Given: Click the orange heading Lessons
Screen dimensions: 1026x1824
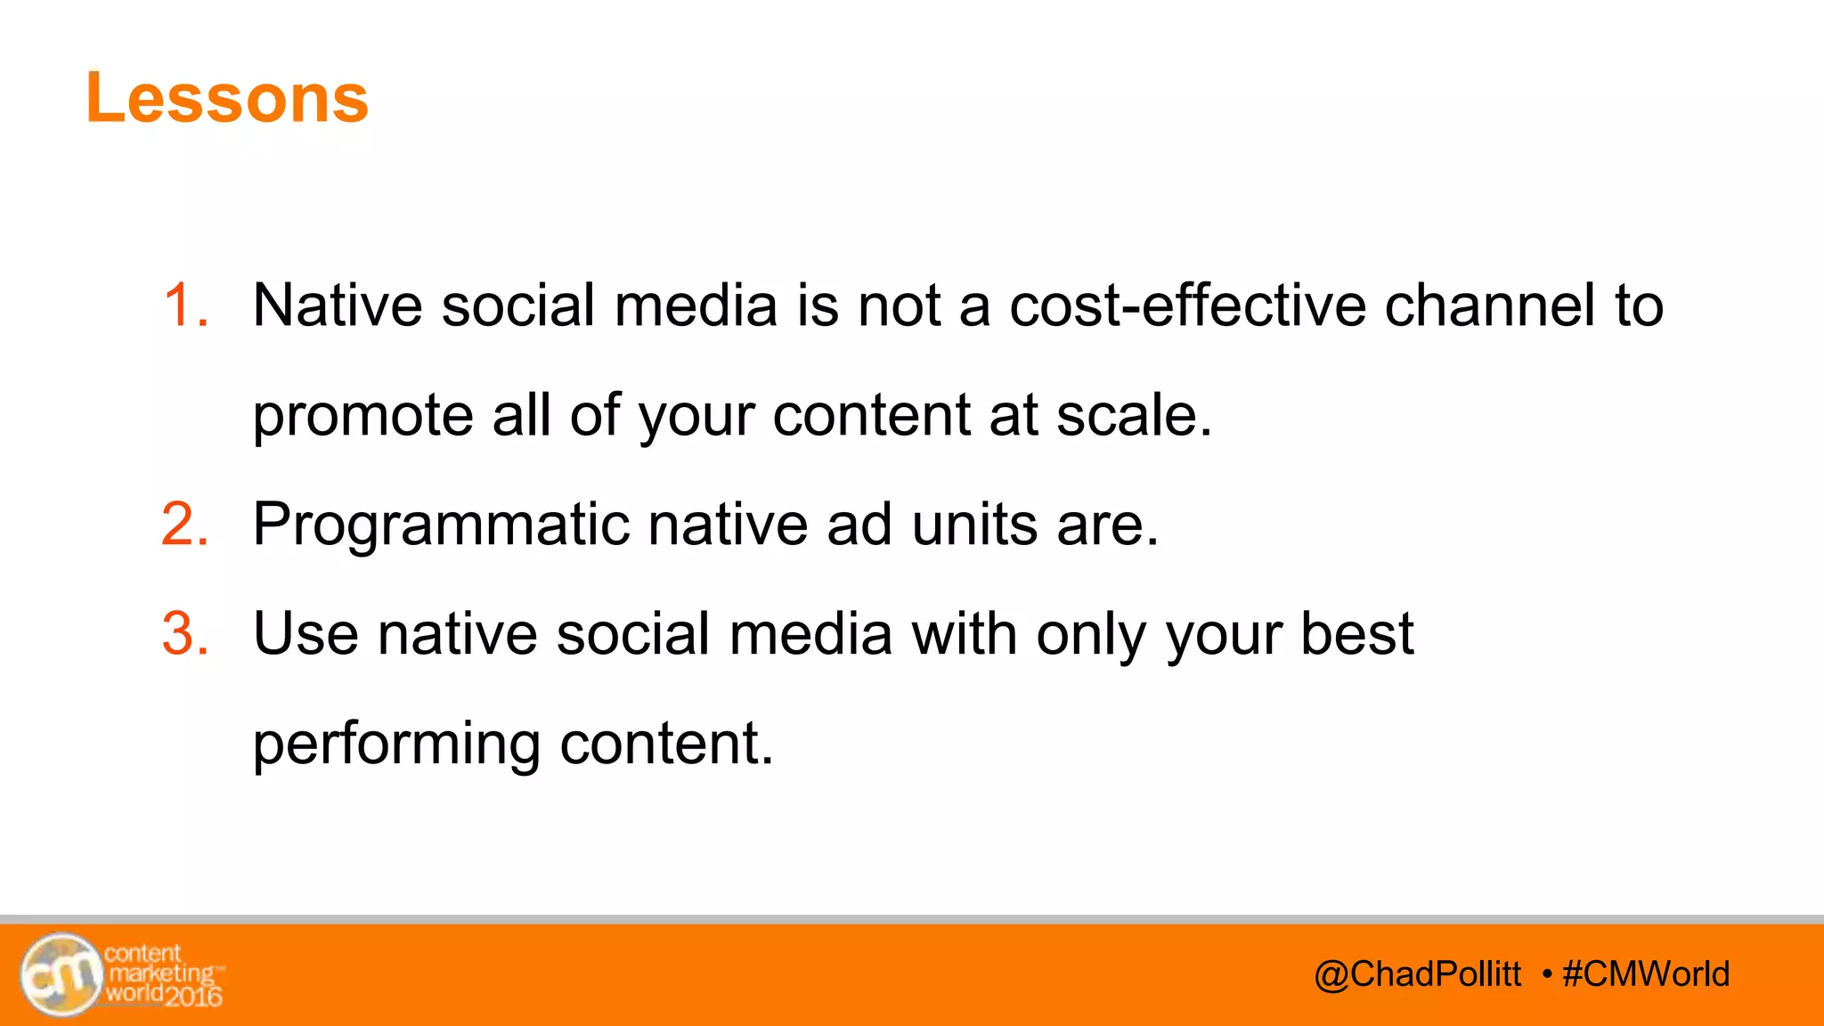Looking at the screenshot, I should [x=227, y=98].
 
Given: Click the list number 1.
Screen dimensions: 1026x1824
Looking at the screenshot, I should [x=185, y=305].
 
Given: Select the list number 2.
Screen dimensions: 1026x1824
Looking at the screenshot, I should [x=185, y=524].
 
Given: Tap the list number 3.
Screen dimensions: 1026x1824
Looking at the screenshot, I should [x=185, y=634].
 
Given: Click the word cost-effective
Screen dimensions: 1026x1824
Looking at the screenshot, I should [x=1187, y=305].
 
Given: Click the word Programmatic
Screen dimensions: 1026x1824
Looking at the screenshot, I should [x=441, y=525].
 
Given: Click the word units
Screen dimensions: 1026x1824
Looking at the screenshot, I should [x=974, y=524].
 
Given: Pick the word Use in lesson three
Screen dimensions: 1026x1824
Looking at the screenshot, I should [x=305, y=634].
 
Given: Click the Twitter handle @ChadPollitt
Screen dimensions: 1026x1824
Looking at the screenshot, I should [x=1418, y=974].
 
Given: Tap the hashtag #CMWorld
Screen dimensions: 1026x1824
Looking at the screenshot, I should [x=1646, y=974].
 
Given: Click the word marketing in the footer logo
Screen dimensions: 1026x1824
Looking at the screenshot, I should [x=161, y=973].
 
